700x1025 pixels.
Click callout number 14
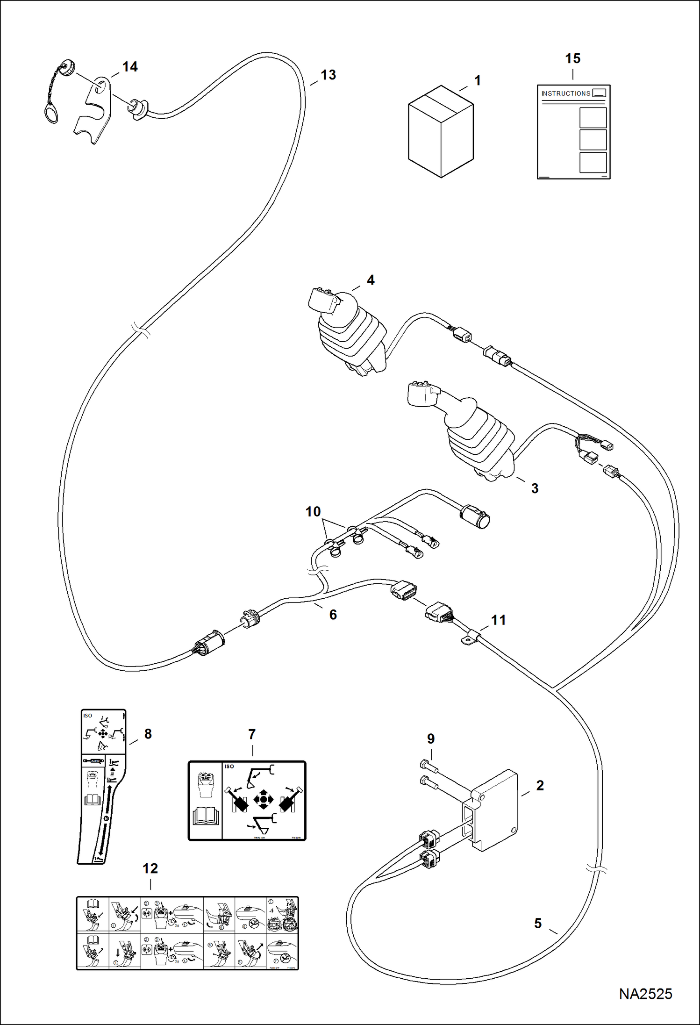(130, 67)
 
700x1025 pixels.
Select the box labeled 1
(441, 131)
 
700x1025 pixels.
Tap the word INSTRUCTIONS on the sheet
(565, 93)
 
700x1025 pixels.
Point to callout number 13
(328, 75)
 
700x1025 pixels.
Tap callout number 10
(313, 511)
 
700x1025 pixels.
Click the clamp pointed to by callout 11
(470, 638)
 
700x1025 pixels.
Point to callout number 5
(538, 923)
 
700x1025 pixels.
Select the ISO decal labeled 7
(247, 801)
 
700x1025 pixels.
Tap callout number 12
(150, 868)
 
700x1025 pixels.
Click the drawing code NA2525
(645, 994)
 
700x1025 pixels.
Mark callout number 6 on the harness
(333, 615)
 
